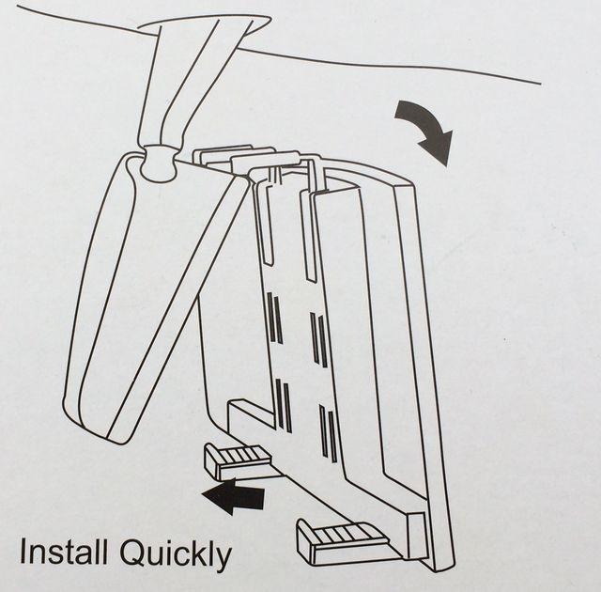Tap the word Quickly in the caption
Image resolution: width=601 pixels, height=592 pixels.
[173, 554]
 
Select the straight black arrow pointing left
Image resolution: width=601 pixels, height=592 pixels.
[234, 494]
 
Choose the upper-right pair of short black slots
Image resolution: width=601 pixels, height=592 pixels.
[319, 338]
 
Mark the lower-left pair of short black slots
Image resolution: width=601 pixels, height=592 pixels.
[283, 405]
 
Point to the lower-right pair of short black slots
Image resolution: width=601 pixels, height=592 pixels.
[328, 431]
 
